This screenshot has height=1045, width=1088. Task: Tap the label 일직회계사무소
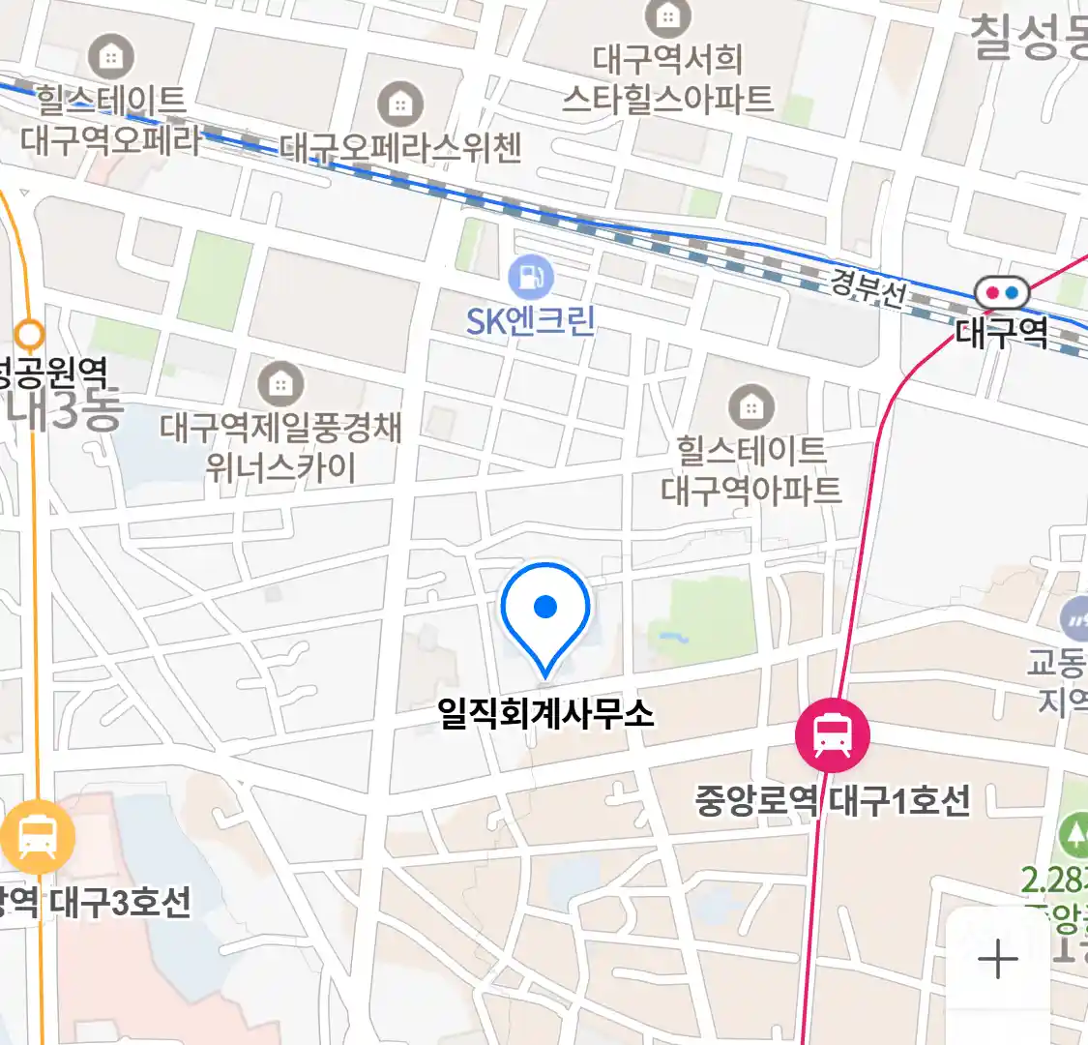(545, 714)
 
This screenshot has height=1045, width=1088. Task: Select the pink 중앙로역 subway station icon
(832, 735)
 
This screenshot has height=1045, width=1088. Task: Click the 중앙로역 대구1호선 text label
(832, 801)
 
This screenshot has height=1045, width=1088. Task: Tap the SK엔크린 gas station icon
(531, 278)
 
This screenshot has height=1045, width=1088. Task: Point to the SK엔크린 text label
(531, 320)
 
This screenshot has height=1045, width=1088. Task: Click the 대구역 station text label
(1001, 332)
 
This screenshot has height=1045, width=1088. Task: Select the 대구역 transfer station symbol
(1001, 292)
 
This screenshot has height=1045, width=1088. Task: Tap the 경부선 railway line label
(867, 286)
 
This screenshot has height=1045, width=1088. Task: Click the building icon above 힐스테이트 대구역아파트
(750, 406)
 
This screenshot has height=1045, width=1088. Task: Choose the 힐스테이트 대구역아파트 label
(750, 470)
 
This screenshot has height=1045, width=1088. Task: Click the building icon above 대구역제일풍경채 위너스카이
(280, 384)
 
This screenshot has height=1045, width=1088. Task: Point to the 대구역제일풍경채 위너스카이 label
(280, 447)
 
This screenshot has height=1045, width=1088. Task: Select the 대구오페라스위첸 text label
(400, 147)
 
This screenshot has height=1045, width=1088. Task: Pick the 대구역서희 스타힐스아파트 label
(667, 79)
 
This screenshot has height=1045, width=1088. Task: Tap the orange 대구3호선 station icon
(37, 838)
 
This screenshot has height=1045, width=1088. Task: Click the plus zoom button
(998, 960)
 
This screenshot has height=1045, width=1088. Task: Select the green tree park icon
(1073, 834)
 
